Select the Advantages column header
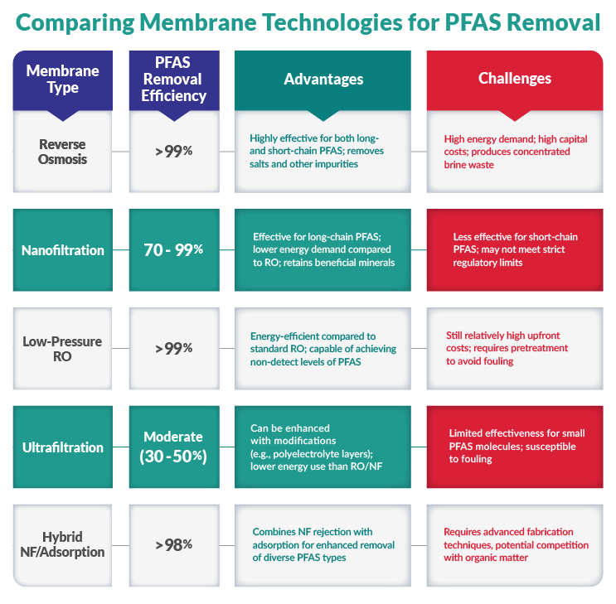(323, 79)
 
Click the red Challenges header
(514, 79)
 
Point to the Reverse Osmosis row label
(63, 152)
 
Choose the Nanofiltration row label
(63, 250)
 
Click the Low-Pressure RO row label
(63, 348)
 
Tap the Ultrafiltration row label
(63, 447)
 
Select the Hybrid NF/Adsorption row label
(63, 544)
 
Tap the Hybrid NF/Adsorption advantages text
(323, 544)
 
